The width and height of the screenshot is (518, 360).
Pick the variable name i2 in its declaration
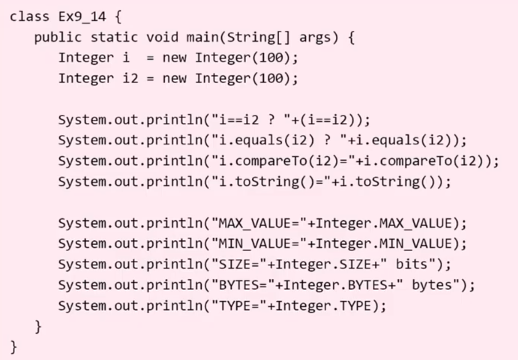[131, 78]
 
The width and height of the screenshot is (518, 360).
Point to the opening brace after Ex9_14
[118, 16]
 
